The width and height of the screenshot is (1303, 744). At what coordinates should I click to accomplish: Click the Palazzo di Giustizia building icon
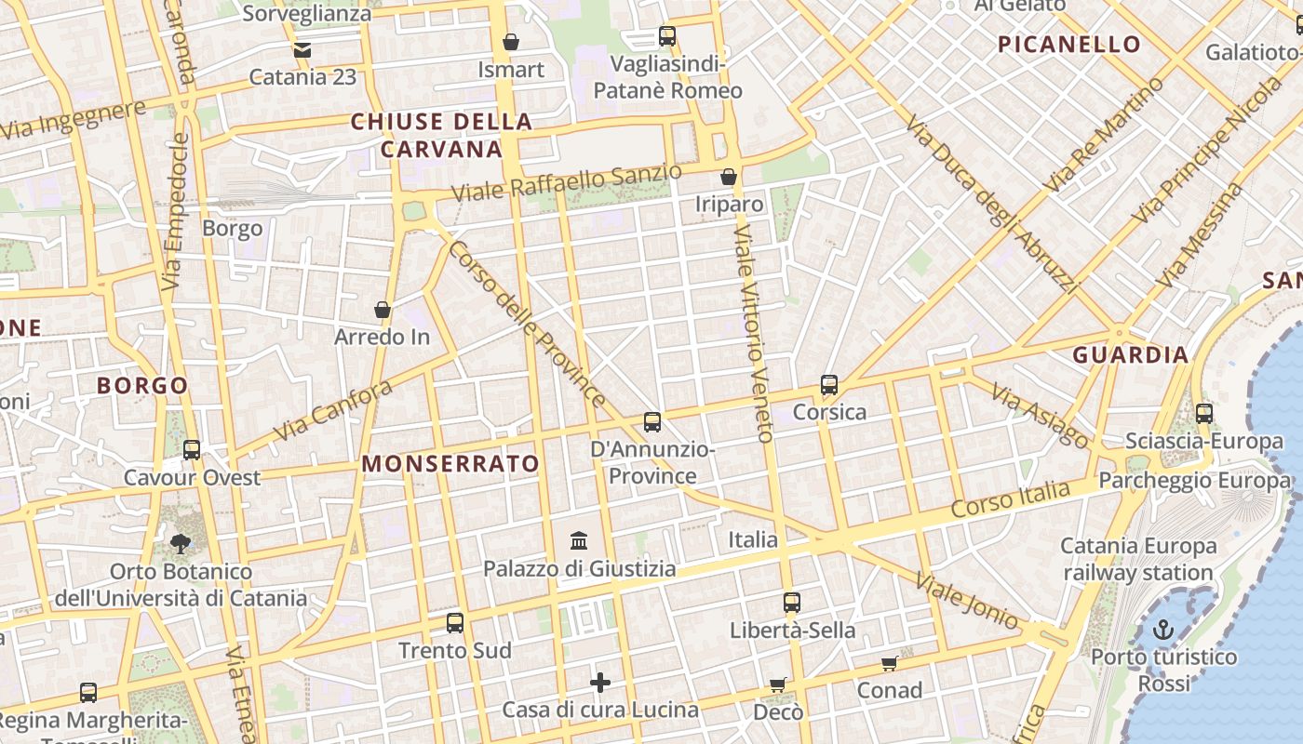click(579, 540)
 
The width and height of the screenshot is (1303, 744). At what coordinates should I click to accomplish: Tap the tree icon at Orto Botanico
click(181, 544)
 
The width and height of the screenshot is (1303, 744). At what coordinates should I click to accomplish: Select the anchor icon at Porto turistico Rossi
click(1162, 631)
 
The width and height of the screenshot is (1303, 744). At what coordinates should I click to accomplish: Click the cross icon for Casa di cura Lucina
click(600, 684)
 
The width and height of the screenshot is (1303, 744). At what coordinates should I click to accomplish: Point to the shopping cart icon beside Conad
click(889, 663)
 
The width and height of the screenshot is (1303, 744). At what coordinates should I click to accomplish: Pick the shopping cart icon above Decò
click(778, 685)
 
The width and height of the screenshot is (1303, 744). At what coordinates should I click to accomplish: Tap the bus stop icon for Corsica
click(829, 385)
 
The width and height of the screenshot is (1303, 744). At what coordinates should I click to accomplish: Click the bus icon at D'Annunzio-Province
click(652, 422)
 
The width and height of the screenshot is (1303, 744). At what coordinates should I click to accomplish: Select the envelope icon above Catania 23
click(302, 50)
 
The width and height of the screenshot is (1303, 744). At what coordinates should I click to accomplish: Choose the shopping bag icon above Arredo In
click(382, 310)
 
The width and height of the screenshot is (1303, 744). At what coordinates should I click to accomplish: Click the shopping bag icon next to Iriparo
click(729, 177)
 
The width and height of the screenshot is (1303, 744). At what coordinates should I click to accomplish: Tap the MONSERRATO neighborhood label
click(450, 464)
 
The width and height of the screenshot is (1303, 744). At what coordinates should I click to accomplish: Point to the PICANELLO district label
click(1068, 45)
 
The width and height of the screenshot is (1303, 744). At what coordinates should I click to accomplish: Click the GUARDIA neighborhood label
click(1130, 355)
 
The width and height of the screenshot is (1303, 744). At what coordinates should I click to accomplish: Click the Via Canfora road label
click(332, 411)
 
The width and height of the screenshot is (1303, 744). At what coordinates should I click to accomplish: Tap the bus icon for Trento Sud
click(455, 623)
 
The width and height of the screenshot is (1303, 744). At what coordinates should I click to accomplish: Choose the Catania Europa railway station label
click(1137, 559)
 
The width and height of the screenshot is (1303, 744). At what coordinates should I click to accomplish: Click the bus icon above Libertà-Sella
click(792, 603)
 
